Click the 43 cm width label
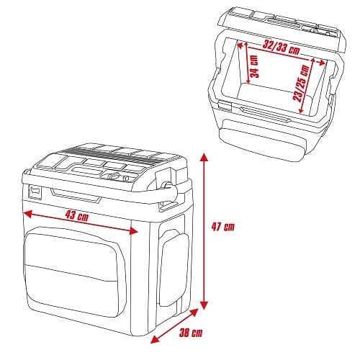click(77, 216)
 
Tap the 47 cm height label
click(223, 227)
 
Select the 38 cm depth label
click(191, 333)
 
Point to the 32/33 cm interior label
click(281, 48)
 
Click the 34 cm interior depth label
click(254, 66)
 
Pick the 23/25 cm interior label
click(301, 83)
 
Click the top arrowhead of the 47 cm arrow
click(204, 158)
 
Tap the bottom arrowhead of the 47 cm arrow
click(204, 305)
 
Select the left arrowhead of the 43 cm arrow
click(28, 214)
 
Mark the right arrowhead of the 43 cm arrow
click(133, 231)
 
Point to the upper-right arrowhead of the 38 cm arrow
click(194, 312)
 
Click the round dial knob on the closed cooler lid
click(114, 176)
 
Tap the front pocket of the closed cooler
click(72, 271)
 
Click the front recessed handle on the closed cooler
click(76, 195)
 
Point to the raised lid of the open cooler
click(282, 29)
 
